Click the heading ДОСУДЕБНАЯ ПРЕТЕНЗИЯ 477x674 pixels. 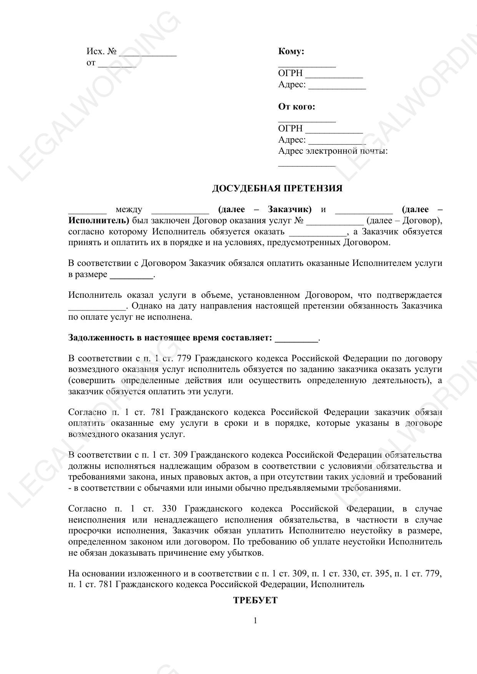(277, 188)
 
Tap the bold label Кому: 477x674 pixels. (291, 51)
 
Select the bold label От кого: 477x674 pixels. (296, 106)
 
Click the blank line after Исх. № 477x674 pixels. (148, 54)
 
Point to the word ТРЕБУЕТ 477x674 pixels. (255, 601)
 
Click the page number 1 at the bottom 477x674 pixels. (255, 621)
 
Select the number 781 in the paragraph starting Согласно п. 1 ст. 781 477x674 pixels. (158, 412)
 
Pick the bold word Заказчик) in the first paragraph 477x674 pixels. (289, 209)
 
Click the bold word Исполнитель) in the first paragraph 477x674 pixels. (99, 221)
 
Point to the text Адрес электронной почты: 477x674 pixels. (332, 151)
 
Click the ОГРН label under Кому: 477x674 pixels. (290, 73)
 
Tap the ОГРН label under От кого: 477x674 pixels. (290, 129)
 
